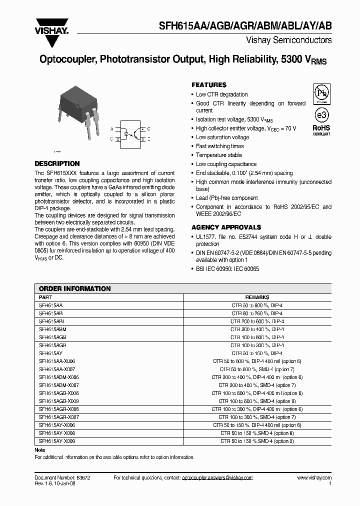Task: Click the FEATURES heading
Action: (x=209, y=85)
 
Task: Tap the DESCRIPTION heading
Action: (x=57, y=163)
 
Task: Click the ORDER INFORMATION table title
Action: (x=74, y=288)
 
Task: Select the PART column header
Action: (x=45, y=297)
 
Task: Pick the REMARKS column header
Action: (x=257, y=297)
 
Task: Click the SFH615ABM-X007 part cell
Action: (x=59, y=385)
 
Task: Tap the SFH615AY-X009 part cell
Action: (x=57, y=441)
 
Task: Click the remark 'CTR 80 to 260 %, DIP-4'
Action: (x=257, y=313)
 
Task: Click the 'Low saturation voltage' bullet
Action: (x=222, y=137)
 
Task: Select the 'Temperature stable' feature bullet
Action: (x=218, y=155)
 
